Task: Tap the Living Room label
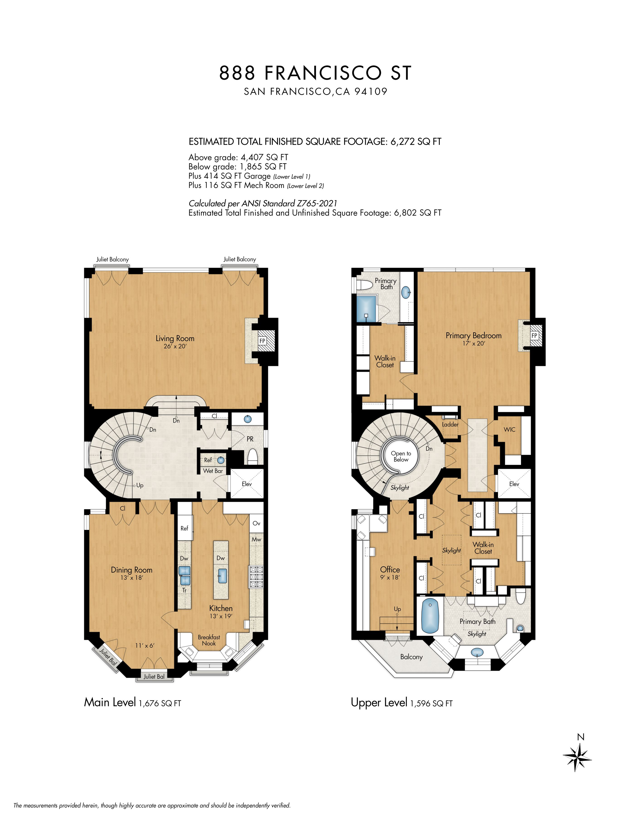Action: [x=175, y=339]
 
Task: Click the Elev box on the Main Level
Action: [x=247, y=484]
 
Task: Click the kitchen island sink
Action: [x=221, y=576]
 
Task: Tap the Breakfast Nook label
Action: [x=209, y=640]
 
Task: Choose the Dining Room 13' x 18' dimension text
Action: [x=132, y=578]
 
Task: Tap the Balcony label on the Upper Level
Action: [x=411, y=657]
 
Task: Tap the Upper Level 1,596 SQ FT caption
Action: [x=402, y=703]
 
